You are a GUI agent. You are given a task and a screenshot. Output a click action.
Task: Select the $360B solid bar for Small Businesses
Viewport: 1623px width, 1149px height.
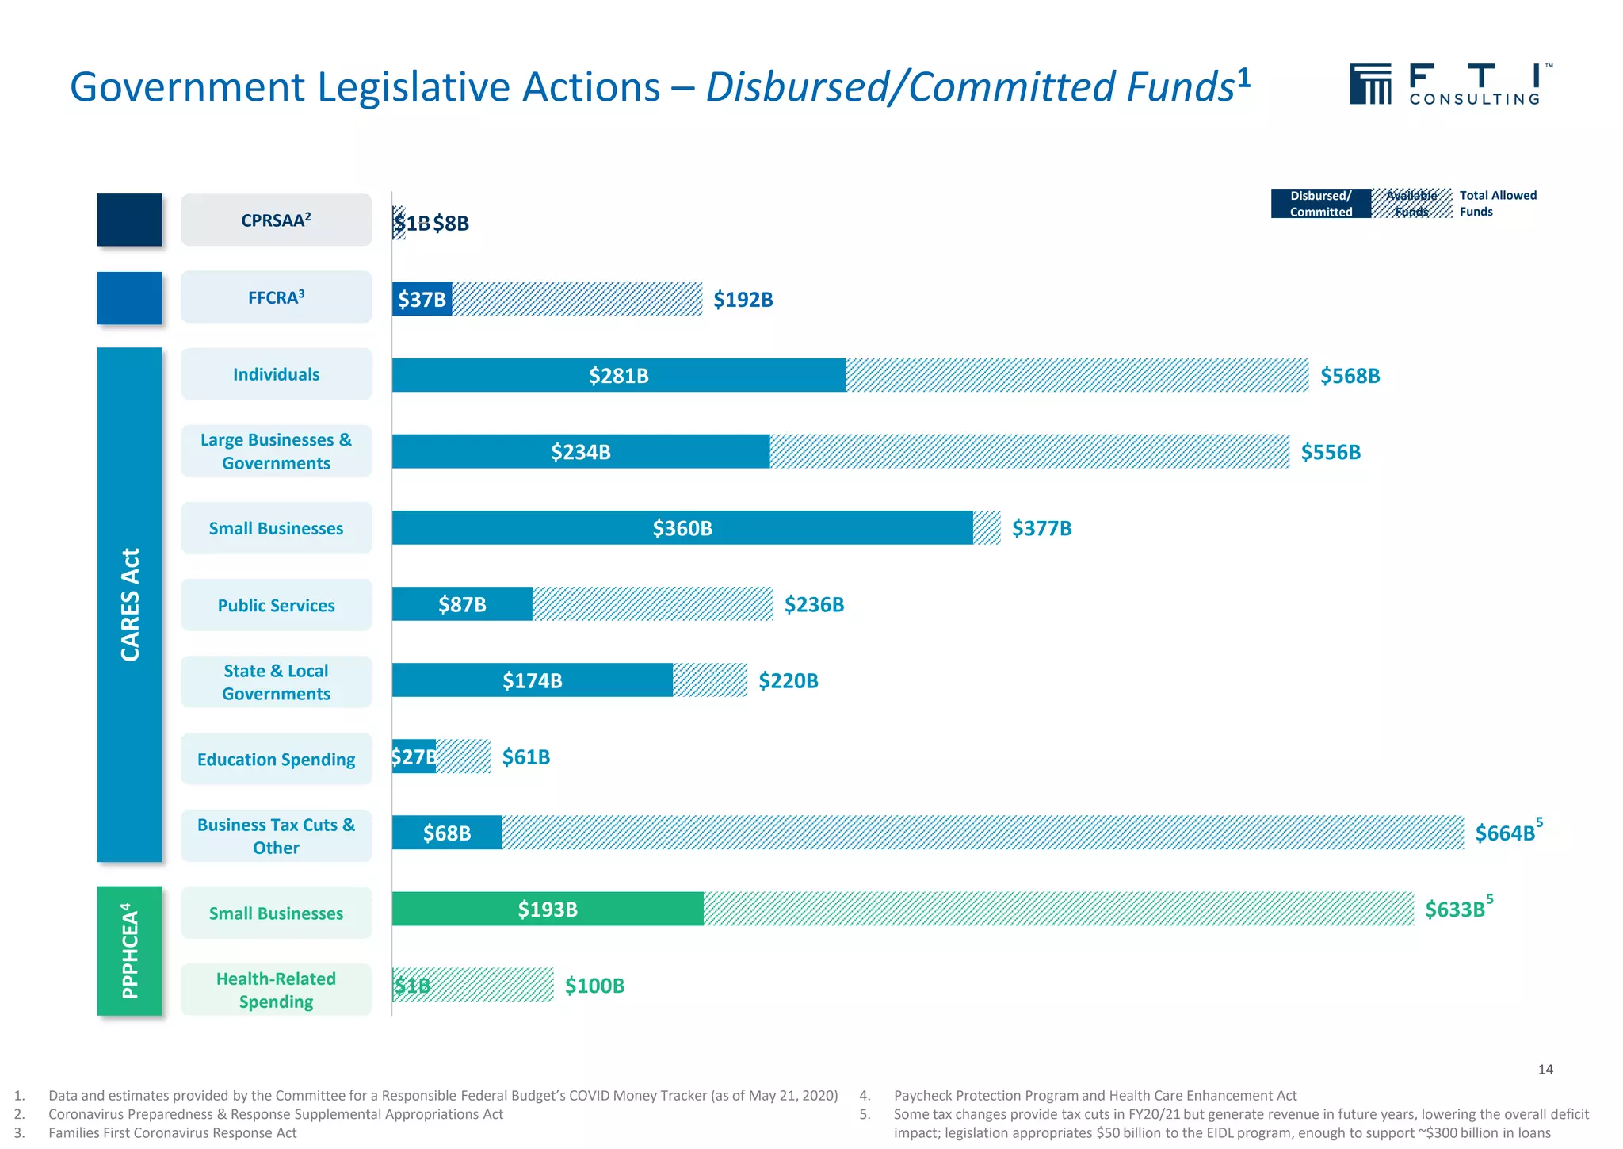pyautogui.click(x=682, y=527)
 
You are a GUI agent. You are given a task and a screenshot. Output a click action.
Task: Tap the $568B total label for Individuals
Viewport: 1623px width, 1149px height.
pyautogui.click(x=1350, y=376)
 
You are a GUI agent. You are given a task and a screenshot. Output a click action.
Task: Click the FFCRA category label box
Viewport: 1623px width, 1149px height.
pyautogui.click(x=276, y=297)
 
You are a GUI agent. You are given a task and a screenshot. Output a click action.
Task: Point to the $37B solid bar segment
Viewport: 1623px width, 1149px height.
pyautogui.click(x=422, y=299)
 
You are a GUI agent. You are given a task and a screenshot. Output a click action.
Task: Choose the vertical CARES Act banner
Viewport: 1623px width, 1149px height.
pyautogui.click(x=129, y=604)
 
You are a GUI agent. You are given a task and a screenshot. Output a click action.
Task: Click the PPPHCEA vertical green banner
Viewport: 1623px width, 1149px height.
pyautogui.click(x=129, y=951)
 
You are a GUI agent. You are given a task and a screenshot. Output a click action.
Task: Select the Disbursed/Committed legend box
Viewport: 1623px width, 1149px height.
pyautogui.click(x=1320, y=204)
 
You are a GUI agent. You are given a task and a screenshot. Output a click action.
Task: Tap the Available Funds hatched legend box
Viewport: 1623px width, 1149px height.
pyautogui.click(x=1411, y=204)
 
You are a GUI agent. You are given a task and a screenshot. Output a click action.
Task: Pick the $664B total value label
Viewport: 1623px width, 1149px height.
pyautogui.click(x=1505, y=833)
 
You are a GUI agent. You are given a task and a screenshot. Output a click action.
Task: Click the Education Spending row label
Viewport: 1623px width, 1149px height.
pyautogui.click(x=276, y=759)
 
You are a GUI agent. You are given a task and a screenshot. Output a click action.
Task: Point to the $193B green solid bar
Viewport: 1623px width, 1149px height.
pyautogui.click(x=547, y=909)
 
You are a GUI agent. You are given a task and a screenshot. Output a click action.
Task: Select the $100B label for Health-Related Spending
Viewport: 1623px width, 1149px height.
pyautogui.click(x=594, y=986)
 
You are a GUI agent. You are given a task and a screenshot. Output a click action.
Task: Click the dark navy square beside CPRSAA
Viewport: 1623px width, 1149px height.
pyautogui.click(x=129, y=220)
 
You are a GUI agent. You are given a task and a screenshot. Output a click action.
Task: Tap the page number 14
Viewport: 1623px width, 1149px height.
pyautogui.click(x=1545, y=1070)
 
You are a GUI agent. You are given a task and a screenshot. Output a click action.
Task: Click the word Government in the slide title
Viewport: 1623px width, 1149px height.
pyautogui.click(x=187, y=87)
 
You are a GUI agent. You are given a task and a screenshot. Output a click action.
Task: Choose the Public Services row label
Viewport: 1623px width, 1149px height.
pyautogui.click(x=276, y=605)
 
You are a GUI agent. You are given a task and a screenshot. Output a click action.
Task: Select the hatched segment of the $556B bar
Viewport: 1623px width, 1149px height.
pyautogui.click(x=1029, y=451)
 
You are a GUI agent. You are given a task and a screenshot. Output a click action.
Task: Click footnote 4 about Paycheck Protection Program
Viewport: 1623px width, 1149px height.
pyautogui.click(x=1094, y=1095)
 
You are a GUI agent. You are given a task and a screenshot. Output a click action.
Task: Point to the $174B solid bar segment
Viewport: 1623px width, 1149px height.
pyautogui.click(x=532, y=680)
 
